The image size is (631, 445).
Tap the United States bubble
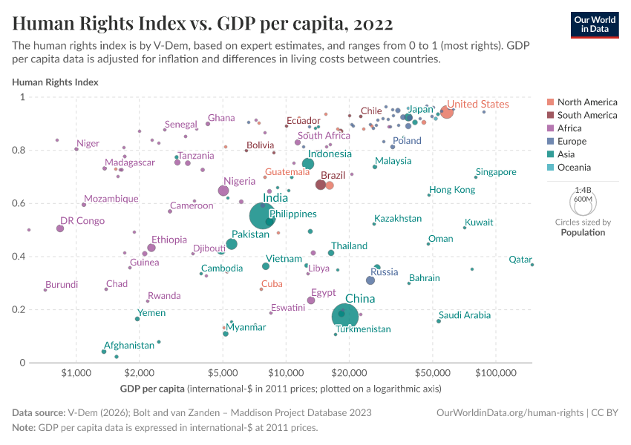[446, 112]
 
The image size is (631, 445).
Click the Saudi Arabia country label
[465, 315]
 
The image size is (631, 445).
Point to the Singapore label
[496, 172]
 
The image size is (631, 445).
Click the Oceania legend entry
[575, 168]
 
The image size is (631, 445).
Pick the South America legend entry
[586, 115]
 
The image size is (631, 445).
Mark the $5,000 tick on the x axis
[223, 372]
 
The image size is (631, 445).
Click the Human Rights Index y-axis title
[55, 82]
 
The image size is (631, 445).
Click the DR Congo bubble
[60, 228]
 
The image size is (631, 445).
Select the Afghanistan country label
[129, 345]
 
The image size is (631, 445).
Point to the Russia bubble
[370, 280]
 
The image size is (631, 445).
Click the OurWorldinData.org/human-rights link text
[509, 412]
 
